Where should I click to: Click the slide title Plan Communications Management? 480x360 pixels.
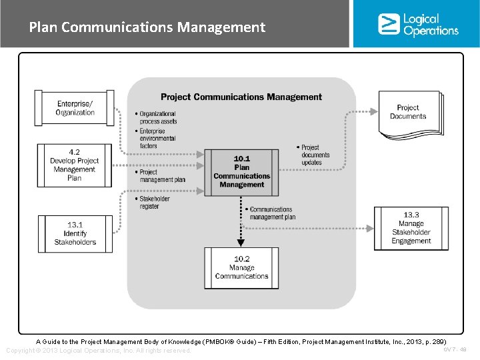coord(147,27)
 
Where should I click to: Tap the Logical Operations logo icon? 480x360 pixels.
coord(389,24)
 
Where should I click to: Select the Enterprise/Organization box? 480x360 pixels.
coord(75,108)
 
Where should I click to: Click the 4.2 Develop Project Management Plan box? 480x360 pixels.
coord(75,165)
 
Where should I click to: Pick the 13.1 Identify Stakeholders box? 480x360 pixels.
coord(75,233)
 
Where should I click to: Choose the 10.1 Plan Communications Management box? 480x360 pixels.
coord(241,171)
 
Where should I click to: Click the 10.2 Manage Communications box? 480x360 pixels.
coord(241,268)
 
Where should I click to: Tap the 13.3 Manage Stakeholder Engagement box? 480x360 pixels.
coord(411,228)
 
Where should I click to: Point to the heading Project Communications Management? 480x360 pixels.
coord(241,97)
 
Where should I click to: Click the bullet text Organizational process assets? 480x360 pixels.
coord(158,118)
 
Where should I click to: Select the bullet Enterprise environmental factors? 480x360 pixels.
coord(158,139)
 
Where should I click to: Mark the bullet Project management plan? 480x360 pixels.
coord(160,175)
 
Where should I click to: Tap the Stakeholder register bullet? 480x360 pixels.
coord(154,203)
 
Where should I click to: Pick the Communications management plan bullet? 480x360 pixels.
coord(271,213)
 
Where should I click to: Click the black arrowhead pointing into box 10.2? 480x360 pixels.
coord(241,243)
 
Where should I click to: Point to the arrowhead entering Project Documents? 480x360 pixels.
coord(374,113)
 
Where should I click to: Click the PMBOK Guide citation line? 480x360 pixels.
coord(241,341)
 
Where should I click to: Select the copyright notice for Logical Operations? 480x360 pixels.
coord(98,351)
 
